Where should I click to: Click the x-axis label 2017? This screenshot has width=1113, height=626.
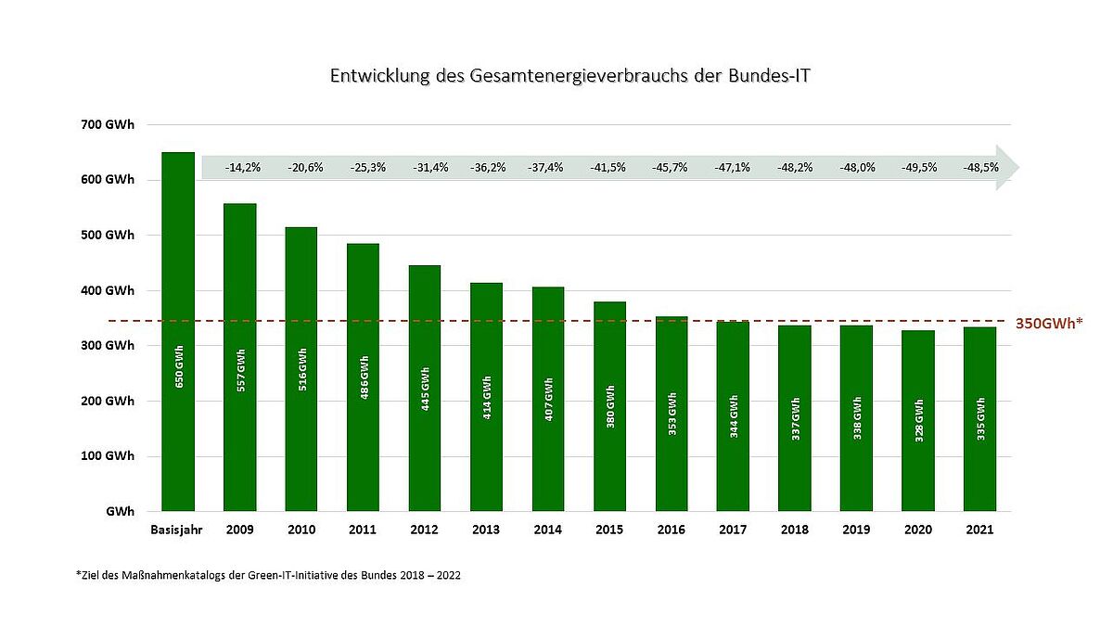coord(733,530)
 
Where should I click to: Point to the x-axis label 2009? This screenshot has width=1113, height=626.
coord(239,530)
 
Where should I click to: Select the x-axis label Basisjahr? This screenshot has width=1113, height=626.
coord(176,530)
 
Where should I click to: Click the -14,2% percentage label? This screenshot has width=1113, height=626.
coord(242,168)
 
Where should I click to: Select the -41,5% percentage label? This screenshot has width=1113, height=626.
coord(608,168)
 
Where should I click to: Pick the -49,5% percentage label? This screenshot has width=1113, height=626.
coord(918,168)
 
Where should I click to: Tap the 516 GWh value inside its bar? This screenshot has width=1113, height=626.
coord(301,368)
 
